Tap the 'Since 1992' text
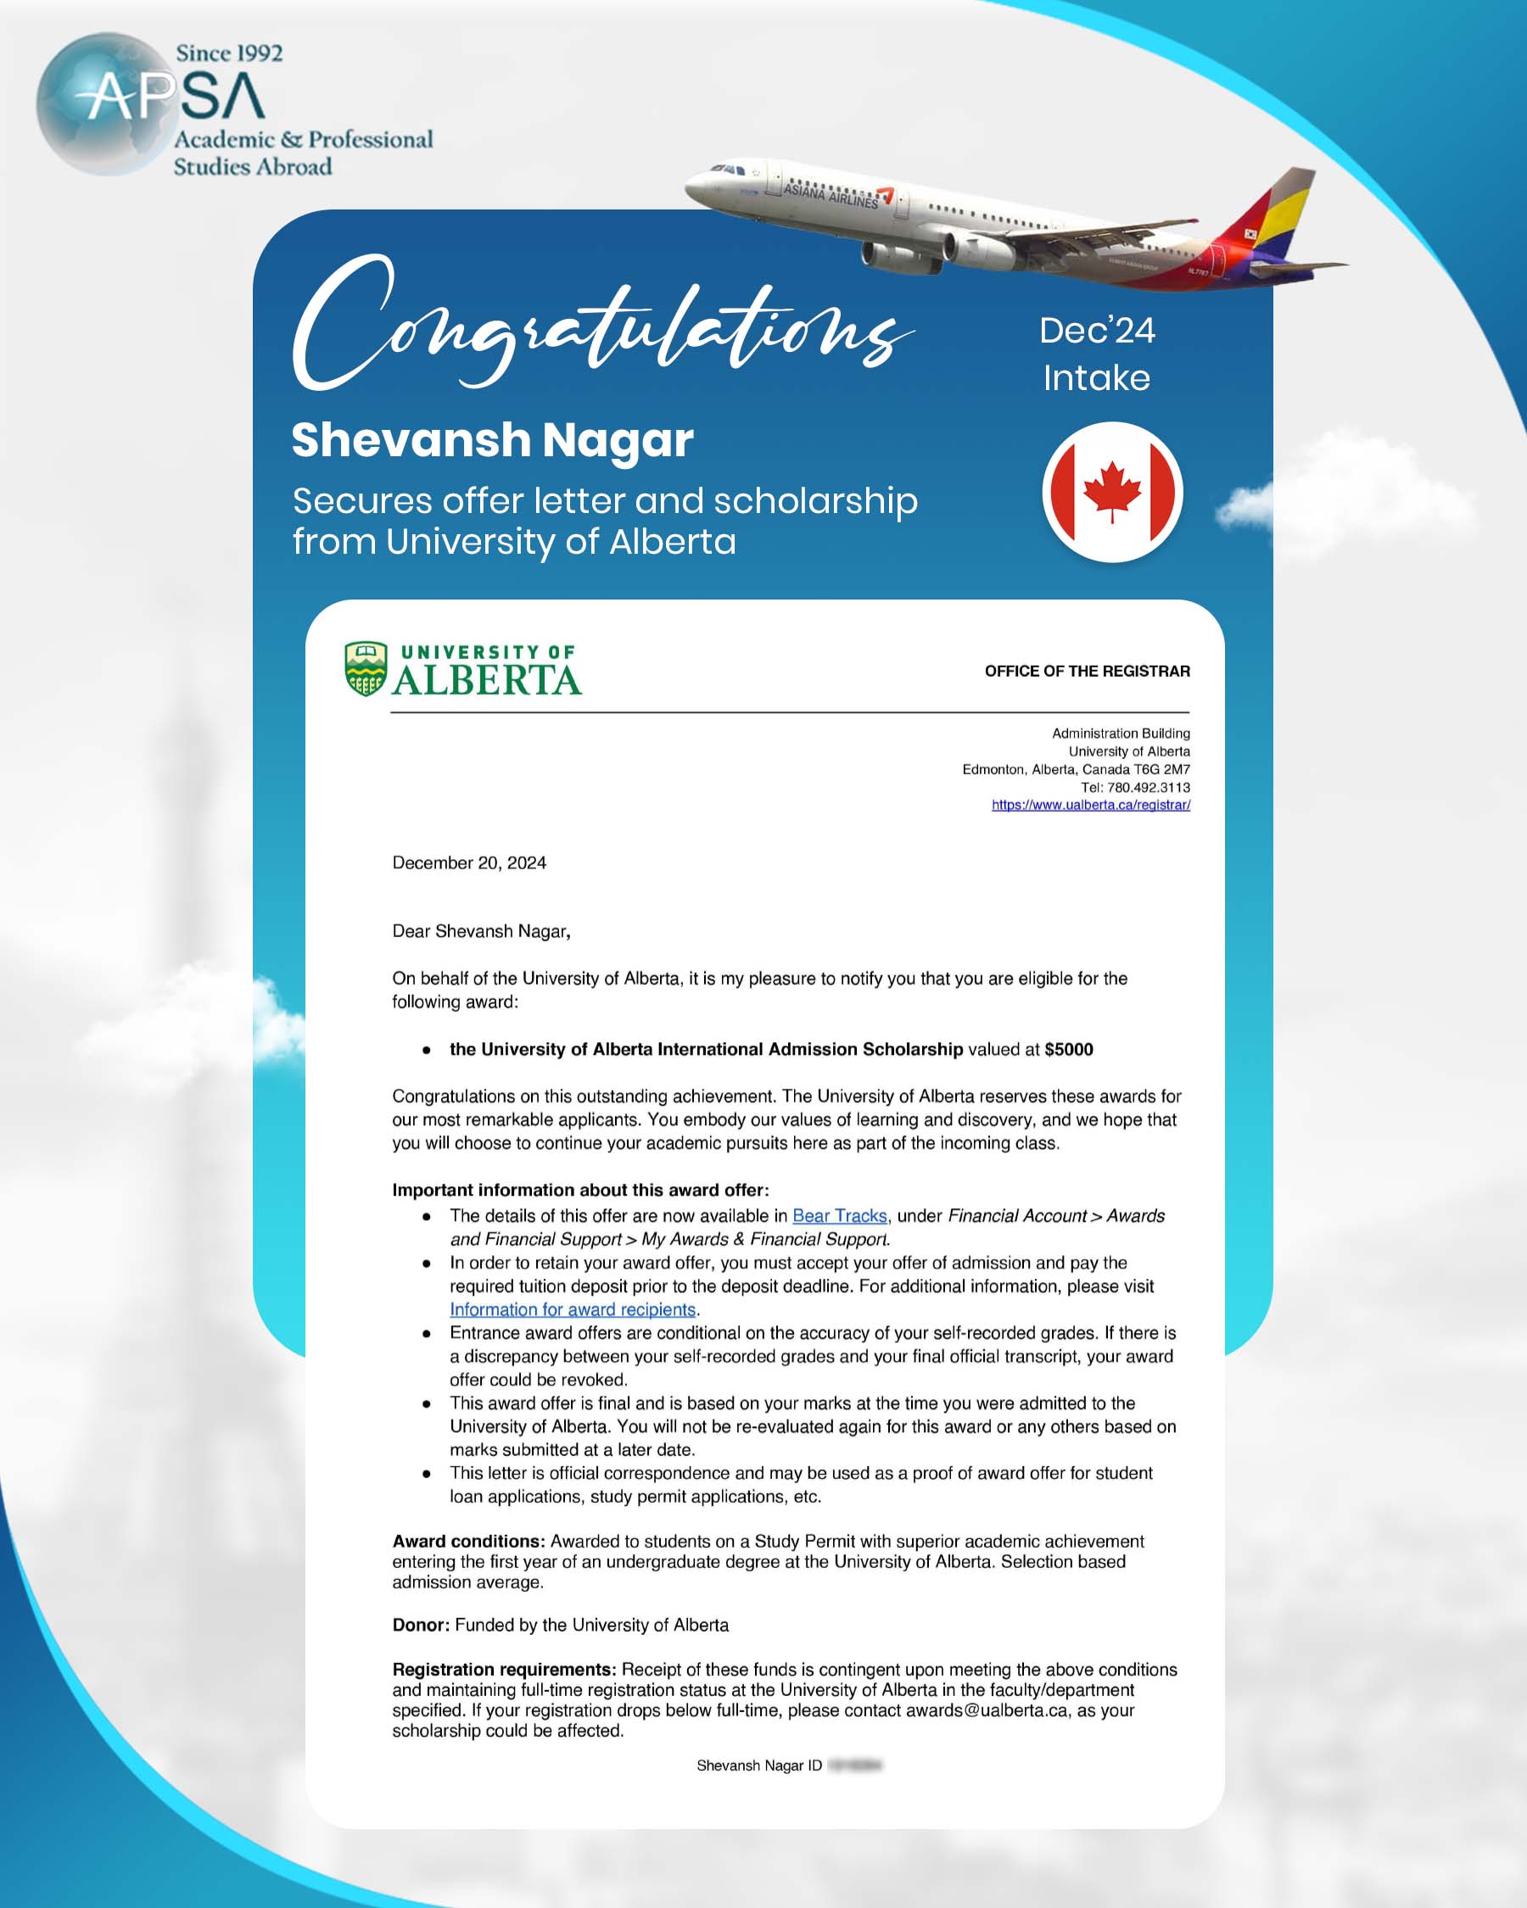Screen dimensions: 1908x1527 pyautogui.click(x=229, y=53)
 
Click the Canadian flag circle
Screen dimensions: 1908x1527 pyautogui.click(x=1112, y=492)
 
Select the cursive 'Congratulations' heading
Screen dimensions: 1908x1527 pyautogui.click(x=602, y=327)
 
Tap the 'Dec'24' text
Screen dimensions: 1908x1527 pyautogui.click(x=1097, y=331)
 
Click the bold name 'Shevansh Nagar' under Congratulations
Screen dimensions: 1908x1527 pyautogui.click(x=492, y=440)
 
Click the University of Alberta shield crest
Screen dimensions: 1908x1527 pyautogui.click(x=366, y=668)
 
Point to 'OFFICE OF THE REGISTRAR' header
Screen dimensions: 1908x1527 pyautogui.click(x=1087, y=671)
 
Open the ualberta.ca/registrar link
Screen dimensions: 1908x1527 pyautogui.click(x=1091, y=805)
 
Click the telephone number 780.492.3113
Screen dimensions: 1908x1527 pyautogui.click(x=1148, y=787)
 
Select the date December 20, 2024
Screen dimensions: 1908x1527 pyautogui.click(x=469, y=863)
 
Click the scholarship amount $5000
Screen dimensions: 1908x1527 pyautogui.click(x=1068, y=1050)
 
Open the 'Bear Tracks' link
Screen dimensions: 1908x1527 pyautogui.click(x=839, y=1216)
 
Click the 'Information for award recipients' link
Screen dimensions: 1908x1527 pyautogui.click(x=573, y=1310)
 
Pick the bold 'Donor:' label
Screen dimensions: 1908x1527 pyautogui.click(x=422, y=1625)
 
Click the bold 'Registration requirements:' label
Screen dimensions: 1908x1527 pyautogui.click(x=504, y=1669)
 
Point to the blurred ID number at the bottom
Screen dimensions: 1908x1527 pyautogui.click(x=854, y=1766)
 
